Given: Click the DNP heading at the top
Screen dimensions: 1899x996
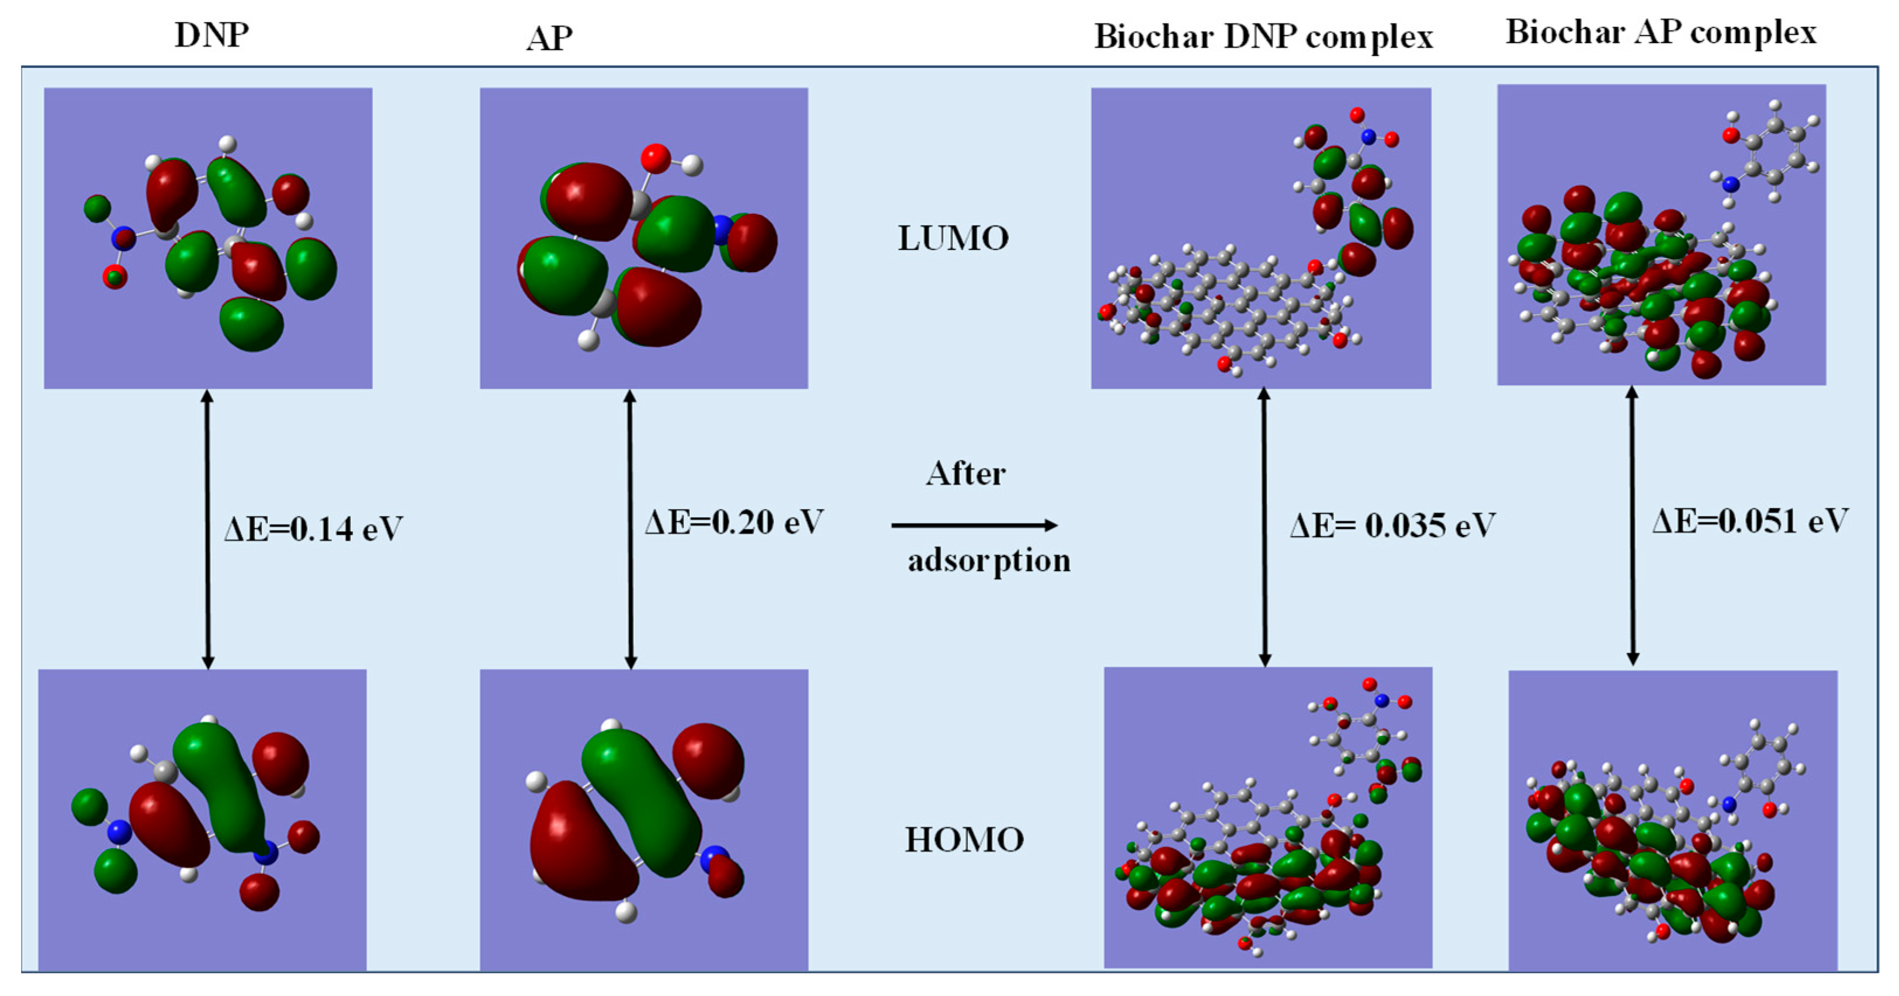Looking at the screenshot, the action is point(212,34).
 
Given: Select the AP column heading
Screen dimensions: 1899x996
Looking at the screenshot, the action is point(549,39).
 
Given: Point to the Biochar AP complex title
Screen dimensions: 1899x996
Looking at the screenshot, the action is point(1661,33).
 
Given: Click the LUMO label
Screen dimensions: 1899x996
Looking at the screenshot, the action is point(953,239).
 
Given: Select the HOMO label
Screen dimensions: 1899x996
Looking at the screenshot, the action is point(964,840).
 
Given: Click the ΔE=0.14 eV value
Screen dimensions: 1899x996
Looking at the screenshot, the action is point(314,529).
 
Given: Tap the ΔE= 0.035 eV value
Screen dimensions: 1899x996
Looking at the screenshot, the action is point(1392,526).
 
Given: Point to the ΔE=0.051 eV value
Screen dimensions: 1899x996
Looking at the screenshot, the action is point(1750,521).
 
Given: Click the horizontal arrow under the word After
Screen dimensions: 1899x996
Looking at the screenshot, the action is point(975,525).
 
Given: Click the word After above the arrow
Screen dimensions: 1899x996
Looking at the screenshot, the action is point(966,473).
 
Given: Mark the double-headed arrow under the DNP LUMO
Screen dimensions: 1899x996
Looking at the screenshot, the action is point(208,529).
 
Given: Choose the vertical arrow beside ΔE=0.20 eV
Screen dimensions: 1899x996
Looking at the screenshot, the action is point(629,529).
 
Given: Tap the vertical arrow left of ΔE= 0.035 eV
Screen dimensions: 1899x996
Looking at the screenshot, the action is point(1264,527).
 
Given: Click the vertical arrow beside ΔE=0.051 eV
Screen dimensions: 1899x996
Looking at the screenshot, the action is point(1632,526).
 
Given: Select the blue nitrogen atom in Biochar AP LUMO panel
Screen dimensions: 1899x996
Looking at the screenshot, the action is point(1730,183).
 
